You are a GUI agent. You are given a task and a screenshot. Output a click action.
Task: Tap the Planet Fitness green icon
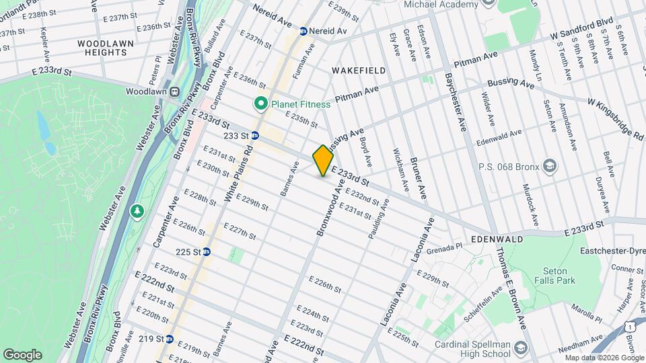coord(260,104)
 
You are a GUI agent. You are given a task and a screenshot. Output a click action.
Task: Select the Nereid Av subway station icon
coord(303,31)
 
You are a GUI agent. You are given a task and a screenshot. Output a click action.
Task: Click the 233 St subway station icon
coord(255,135)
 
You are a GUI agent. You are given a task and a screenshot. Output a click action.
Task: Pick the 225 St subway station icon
coord(207,252)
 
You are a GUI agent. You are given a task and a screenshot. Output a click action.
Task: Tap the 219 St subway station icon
coord(170,339)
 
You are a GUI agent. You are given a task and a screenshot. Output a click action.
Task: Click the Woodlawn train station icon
coord(174,91)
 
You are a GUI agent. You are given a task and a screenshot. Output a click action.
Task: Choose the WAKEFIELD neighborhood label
coord(359,70)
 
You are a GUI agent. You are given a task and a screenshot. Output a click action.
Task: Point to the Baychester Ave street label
coord(454,100)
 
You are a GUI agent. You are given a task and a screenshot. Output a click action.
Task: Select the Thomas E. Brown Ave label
coord(511,285)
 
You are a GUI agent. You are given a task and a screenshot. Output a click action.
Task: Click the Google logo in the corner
coord(22,354)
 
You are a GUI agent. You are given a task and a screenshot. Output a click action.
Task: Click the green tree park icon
coord(137,212)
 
